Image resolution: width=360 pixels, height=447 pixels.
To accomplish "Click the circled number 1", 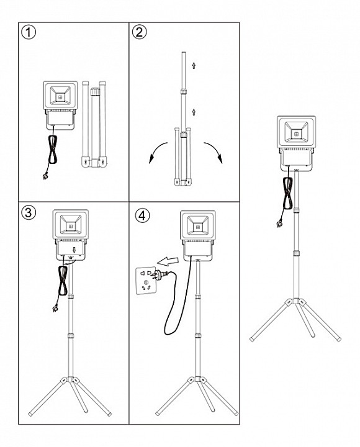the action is pyautogui.click(x=29, y=32).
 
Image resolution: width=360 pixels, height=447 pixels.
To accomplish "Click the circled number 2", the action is pyautogui.click(x=140, y=32).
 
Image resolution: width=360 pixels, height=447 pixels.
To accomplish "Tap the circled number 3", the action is pyautogui.click(x=29, y=213).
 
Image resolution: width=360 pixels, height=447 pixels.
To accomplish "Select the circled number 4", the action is pyautogui.click(x=142, y=215).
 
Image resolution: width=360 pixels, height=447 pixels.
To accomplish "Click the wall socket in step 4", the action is pyautogui.click(x=146, y=281).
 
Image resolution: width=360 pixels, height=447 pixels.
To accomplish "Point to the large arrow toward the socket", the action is pyautogui.click(x=168, y=261).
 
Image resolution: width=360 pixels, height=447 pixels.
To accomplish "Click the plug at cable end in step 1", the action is pyautogui.click(x=45, y=176).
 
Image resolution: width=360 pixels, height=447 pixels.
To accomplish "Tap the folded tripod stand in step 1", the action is pyautogui.click(x=94, y=124).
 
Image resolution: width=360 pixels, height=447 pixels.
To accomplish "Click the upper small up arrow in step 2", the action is pyautogui.click(x=194, y=66).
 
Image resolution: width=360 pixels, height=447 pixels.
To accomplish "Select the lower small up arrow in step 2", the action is pyautogui.click(x=194, y=112).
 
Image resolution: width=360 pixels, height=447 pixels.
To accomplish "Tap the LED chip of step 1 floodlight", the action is pyautogui.click(x=60, y=97).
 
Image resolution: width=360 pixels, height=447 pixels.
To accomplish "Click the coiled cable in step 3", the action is pyautogui.click(x=63, y=281).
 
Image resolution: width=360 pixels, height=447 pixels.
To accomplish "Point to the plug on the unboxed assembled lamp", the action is pyautogui.click(x=279, y=223).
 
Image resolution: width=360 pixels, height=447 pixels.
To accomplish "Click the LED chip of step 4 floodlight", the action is pyautogui.click(x=197, y=227).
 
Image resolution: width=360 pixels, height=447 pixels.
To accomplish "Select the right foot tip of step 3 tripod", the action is pyautogui.click(x=109, y=413).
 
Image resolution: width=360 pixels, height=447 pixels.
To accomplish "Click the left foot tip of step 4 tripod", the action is pyautogui.click(x=157, y=413).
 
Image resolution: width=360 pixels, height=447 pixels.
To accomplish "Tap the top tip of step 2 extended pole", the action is pyautogui.click(x=184, y=52).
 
